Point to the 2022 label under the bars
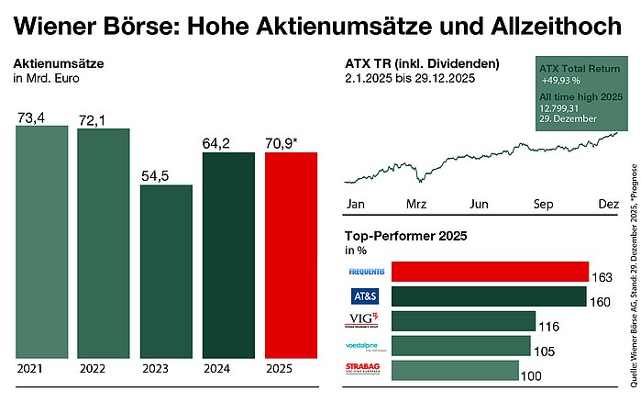click(92, 367)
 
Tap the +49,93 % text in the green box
click(560, 81)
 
